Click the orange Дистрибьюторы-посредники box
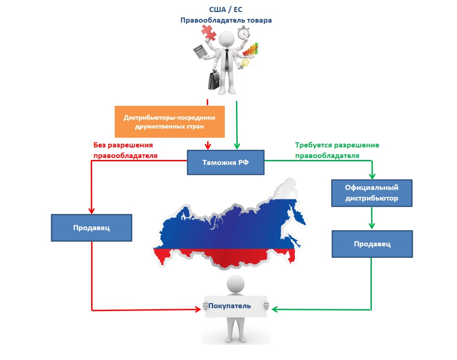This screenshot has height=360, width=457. coord(169,122)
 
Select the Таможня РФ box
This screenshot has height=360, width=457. coord(225,162)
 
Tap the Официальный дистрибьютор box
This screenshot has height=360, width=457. coord(371,193)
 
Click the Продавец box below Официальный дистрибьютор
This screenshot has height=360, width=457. coord(372,244)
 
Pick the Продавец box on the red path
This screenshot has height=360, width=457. coord(91,227)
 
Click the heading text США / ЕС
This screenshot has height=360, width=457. coord(225,9)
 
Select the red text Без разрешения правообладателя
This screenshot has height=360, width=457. coord(125,150)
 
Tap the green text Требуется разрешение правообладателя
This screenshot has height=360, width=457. coord(337,150)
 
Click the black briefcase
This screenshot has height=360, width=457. coord(214,80)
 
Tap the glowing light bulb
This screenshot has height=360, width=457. coord(245,63)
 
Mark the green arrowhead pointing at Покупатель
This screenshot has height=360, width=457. coord(274,309)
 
